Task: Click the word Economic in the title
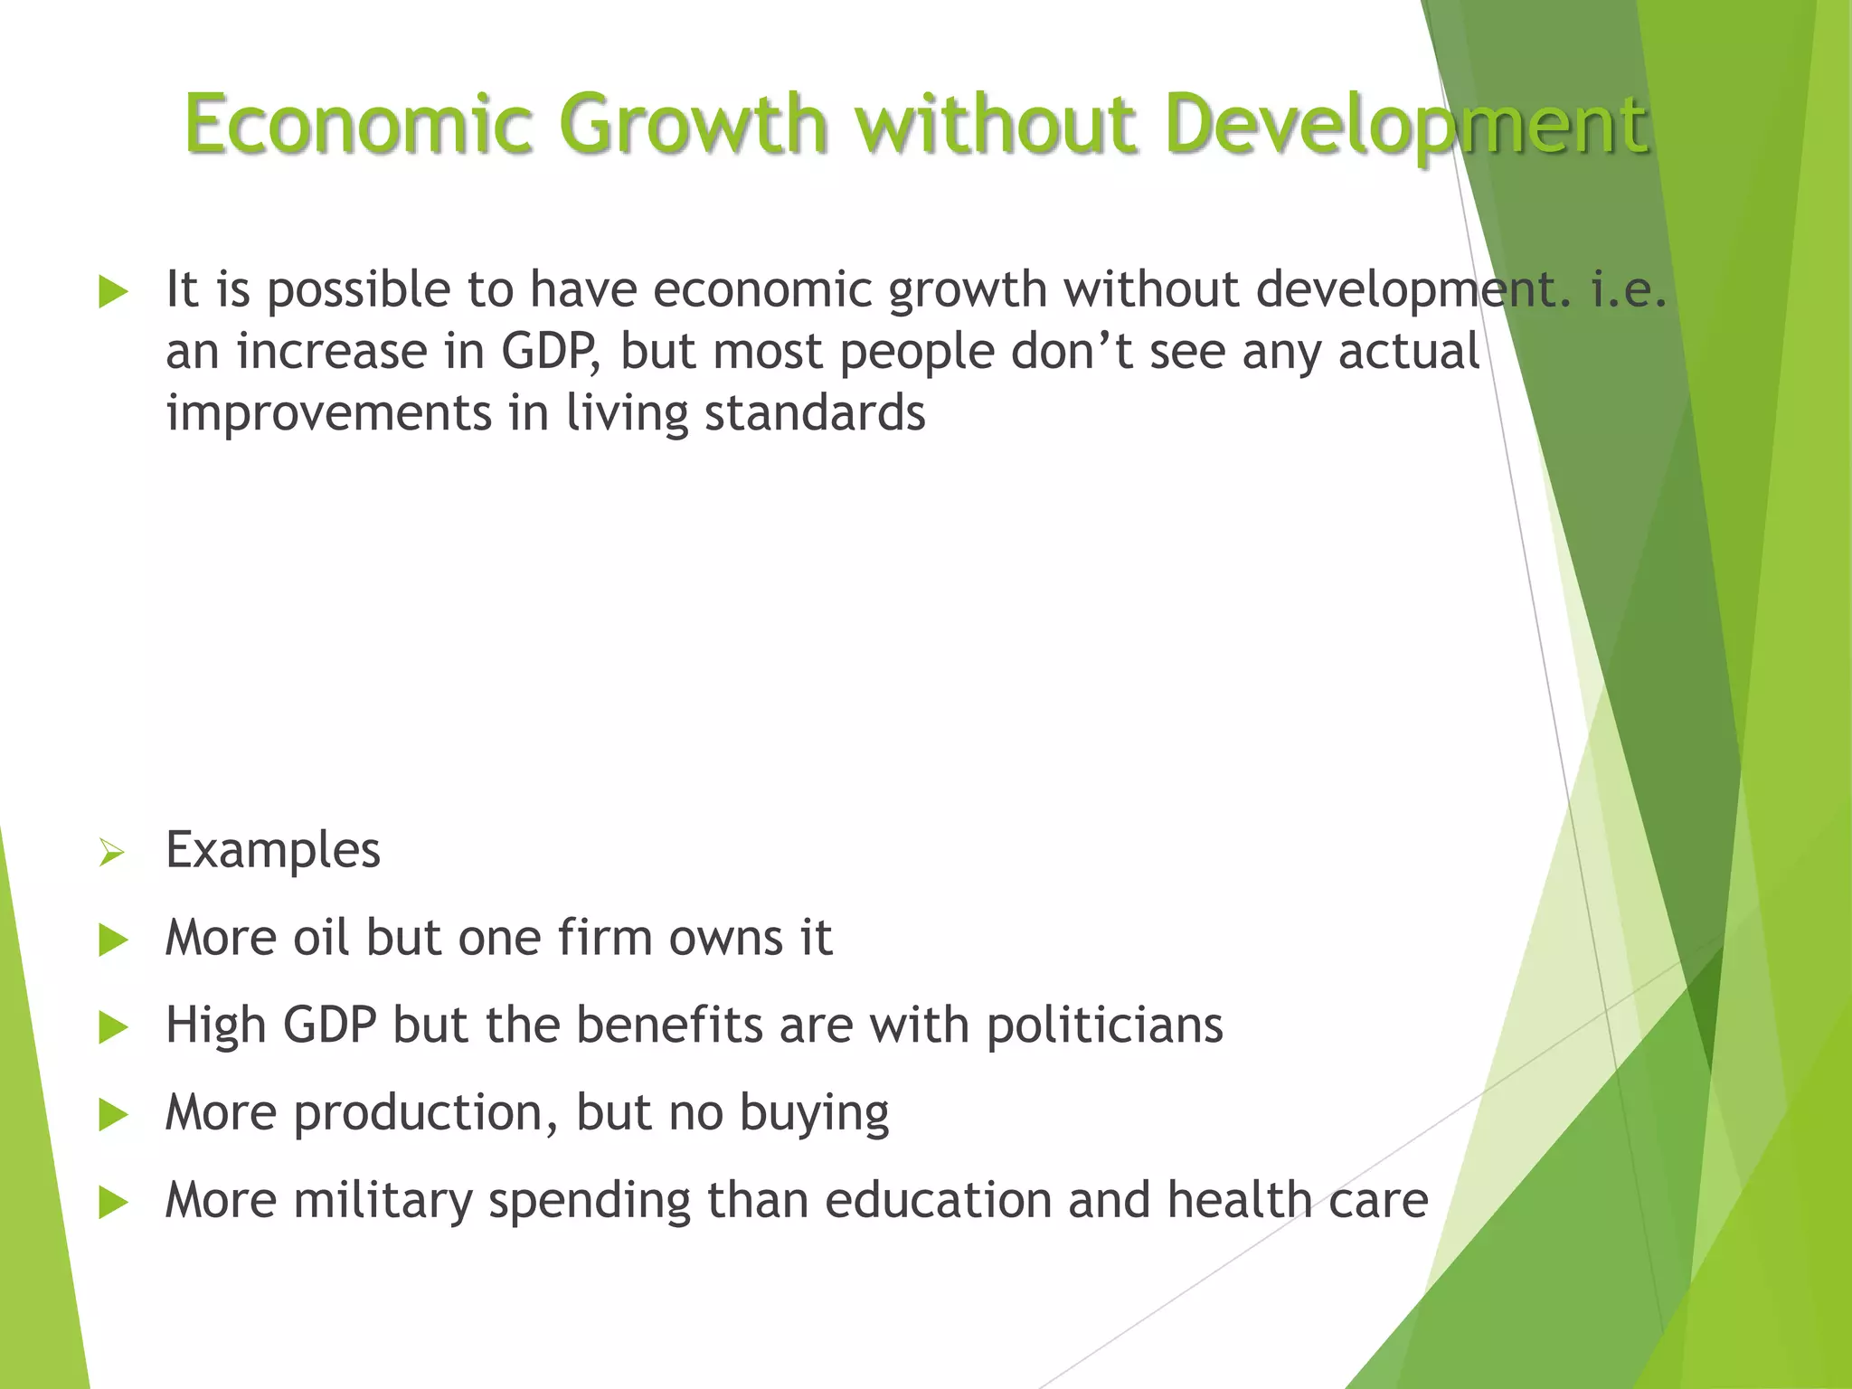tap(358, 124)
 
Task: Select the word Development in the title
tap(1407, 124)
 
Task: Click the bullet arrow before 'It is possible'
tap(113, 292)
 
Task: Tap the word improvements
tap(328, 413)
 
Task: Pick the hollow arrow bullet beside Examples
tap(111, 852)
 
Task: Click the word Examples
tap(273, 851)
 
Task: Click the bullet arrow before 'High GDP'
tap(113, 1027)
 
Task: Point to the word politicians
tap(1104, 1026)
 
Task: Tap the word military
tap(383, 1201)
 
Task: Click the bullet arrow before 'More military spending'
tap(113, 1203)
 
